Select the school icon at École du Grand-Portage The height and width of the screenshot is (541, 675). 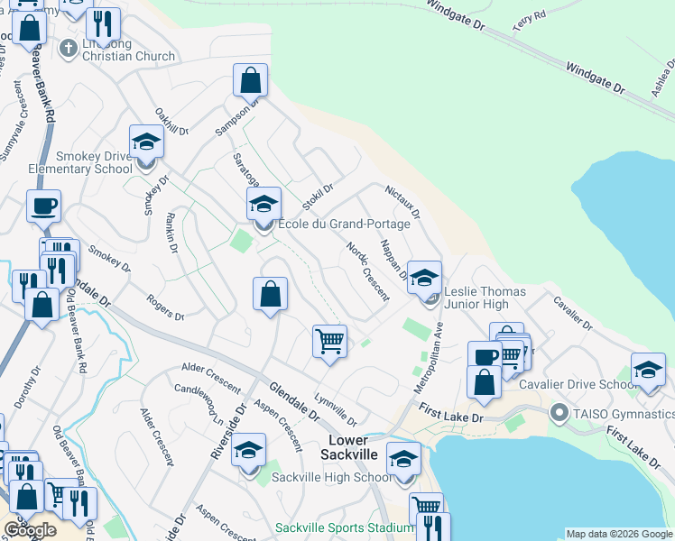click(x=264, y=205)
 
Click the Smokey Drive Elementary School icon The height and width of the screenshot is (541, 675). click(x=144, y=142)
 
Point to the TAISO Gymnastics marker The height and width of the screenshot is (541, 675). click(x=559, y=415)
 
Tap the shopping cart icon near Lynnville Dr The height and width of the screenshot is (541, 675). click(x=329, y=342)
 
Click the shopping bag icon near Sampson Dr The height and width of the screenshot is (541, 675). click(x=251, y=80)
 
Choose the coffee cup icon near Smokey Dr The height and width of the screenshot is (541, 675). click(x=43, y=207)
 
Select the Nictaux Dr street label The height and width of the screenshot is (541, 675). click(x=402, y=202)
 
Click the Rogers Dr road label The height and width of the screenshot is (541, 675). click(x=166, y=308)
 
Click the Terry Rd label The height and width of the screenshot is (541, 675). click(x=529, y=22)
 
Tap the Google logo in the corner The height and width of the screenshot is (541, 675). click(x=30, y=530)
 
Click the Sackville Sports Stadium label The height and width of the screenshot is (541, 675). click(x=344, y=527)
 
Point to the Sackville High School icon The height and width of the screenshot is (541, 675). click(x=248, y=453)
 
